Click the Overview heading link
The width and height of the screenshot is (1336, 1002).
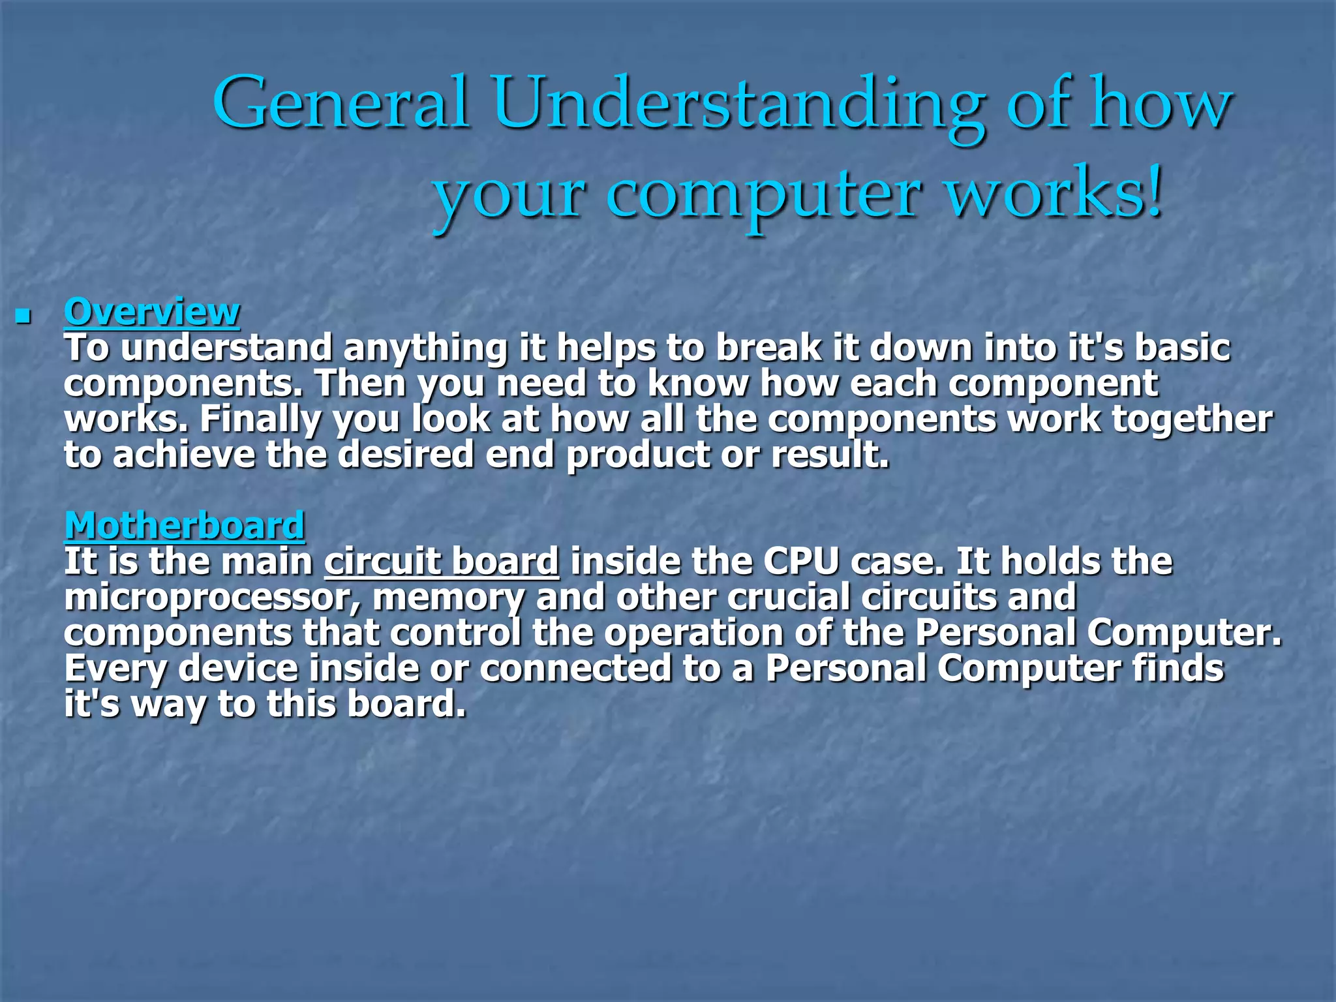tap(152, 312)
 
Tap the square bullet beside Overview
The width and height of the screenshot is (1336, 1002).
tap(23, 318)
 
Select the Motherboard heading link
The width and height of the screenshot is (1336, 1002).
tap(185, 526)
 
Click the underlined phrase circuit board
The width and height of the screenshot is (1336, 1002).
tap(442, 562)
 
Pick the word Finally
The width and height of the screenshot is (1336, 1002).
tap(260, 419)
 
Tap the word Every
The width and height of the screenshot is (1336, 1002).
tap(115, 670)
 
